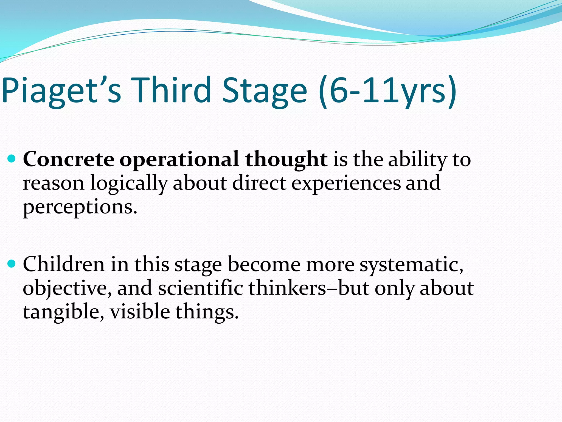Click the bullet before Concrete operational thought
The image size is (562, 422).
(x=12, y=159)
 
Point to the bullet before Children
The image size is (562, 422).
(x=12, y=264)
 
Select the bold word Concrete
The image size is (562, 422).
(x=69, y=159)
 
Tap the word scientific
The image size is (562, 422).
(x=200, y=288)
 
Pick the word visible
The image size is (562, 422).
(x=140, y=312)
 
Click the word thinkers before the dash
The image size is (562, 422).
(x=287, y=288)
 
